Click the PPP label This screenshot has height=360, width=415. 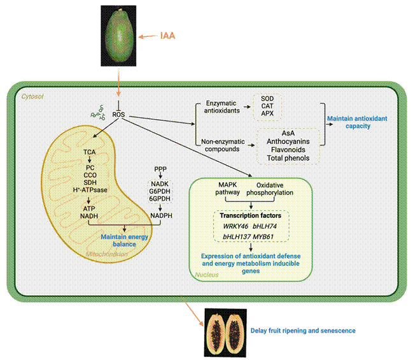pyautogui.click(x=160, y=169)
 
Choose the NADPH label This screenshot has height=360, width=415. pyautogui.click(x=160, y=217)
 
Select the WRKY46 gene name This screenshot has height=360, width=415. pyautogui.click(x=236, y=227)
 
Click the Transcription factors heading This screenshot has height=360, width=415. pyautogui.click(x=251, y=216)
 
